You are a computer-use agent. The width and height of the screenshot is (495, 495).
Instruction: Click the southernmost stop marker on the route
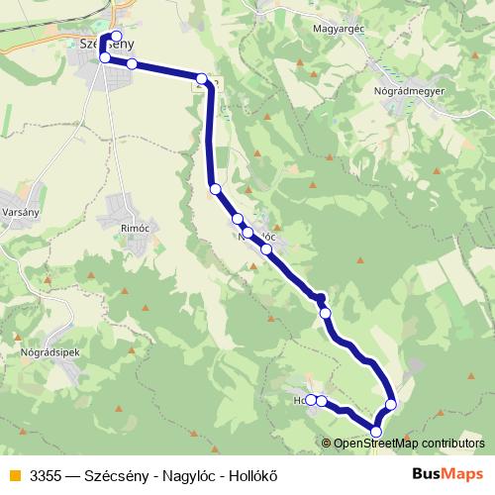point(375,431)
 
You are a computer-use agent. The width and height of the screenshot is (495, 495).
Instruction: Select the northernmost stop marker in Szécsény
point(116,37)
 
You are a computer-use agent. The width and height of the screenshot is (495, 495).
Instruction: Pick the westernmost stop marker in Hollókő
point(311,400)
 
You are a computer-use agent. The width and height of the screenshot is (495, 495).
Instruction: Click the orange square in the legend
point(13,473)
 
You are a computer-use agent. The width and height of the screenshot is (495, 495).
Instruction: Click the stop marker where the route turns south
point(202,79)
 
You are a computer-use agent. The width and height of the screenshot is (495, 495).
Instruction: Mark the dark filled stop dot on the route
point(320,297)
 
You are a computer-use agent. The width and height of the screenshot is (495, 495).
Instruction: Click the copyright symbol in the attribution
point(328,443)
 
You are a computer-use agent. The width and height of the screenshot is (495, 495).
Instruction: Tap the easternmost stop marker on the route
point(391,404)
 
